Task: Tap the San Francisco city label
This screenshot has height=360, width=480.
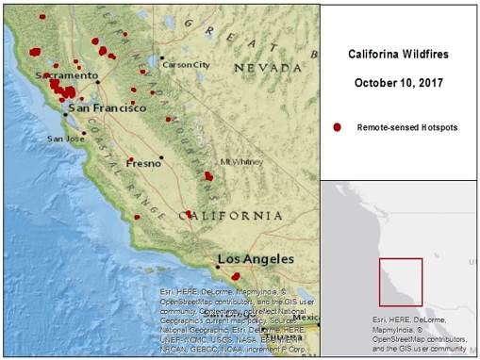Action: (107, 108)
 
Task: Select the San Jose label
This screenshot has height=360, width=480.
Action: (66, 139)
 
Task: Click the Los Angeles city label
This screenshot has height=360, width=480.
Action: (250, 259)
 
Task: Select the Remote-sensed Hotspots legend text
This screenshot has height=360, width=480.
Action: (406, 126)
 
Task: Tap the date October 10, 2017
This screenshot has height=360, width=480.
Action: (401, 83)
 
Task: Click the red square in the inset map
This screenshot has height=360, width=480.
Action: (401, 281)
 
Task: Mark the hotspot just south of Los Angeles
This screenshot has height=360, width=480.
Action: (236, 276)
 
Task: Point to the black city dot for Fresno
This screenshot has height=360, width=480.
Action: (161, 156)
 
